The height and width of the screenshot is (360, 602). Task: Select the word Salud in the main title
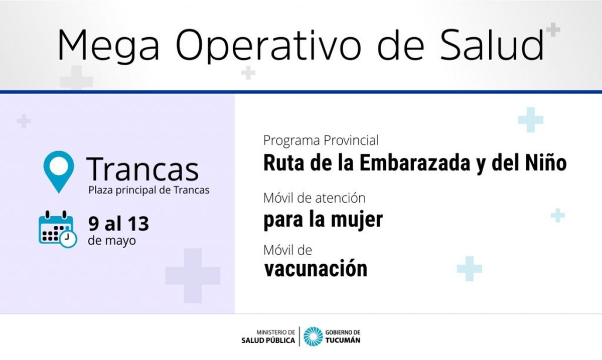tap(492, 44)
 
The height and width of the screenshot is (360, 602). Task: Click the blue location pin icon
tap(59, 172)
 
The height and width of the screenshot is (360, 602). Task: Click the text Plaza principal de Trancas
tap(149, 190)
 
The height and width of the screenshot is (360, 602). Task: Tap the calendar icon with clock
tap(58, 229)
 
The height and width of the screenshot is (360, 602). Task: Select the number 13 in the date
tap(138, 224)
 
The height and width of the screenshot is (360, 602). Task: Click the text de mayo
tap(112, 241)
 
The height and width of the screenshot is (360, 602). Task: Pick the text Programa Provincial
tap(321, 140)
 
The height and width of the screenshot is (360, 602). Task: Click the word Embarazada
tap(415, 163)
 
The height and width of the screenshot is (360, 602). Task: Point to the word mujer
tap(357, 220)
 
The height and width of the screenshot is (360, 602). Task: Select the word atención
tap(340, 198)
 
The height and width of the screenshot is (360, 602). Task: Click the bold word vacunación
tap(316, 269)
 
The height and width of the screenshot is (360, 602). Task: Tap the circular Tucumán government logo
tap(314, 336)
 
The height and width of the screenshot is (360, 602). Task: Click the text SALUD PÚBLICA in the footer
tap(268, 340)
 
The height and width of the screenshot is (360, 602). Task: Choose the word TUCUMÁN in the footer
tap(343, 340)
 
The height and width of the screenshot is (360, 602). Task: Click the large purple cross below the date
tap(193, 276)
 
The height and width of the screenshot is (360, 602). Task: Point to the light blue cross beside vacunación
tap(470, 269)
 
